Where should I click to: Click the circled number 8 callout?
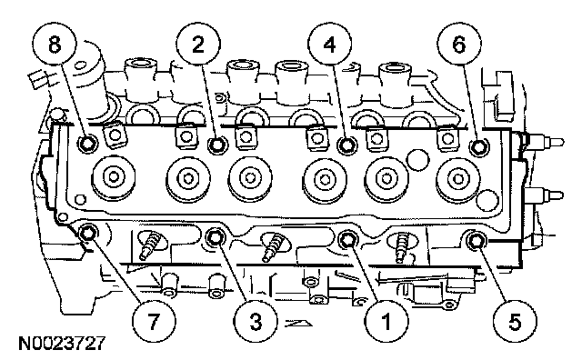click(55, 45)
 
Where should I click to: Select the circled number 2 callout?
click(198, 45)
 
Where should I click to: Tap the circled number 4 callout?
click(329, 45)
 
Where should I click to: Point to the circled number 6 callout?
click(459, 45)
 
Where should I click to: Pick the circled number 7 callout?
click(154, 321)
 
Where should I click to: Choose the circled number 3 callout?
click(256, 321)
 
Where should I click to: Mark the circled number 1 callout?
click(386, 321)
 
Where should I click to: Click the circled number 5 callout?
click(515, 321)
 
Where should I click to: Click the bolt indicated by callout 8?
click(88, 144)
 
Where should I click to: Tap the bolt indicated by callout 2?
click(217, 145)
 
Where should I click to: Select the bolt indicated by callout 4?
click(347, 145)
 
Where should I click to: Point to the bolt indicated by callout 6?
click(479, 147)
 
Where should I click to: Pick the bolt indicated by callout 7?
click(89, 234)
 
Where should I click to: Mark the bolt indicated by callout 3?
click(216, 238)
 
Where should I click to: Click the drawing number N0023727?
click(63, 344)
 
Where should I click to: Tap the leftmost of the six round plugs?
click(114, 176)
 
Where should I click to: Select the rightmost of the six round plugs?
click(458, 180)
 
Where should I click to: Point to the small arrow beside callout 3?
click(298, 323)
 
